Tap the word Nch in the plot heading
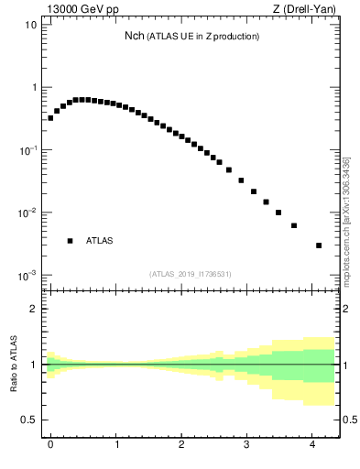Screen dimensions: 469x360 136,36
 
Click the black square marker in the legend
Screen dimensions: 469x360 70,241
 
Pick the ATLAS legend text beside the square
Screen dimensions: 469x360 99,241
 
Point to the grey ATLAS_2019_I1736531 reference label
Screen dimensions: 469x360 203,273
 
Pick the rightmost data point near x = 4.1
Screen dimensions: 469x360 318,245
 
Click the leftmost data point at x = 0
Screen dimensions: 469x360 50,118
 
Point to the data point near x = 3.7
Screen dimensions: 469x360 294,225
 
